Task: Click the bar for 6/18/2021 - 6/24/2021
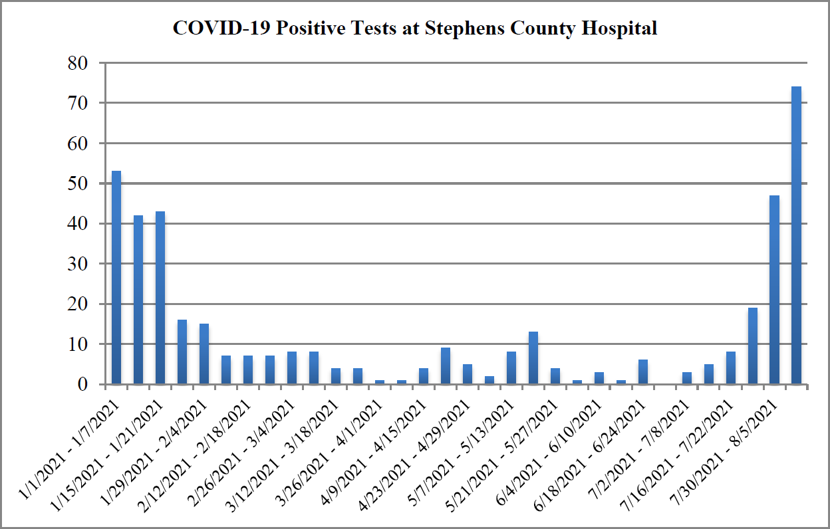pos(643,372)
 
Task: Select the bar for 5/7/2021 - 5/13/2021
pos(511,368)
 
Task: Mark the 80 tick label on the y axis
pos(79,64)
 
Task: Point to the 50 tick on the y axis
pos(79,184)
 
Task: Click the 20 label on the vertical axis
pos(79,304)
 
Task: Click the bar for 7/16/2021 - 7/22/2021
pos(731,368)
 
